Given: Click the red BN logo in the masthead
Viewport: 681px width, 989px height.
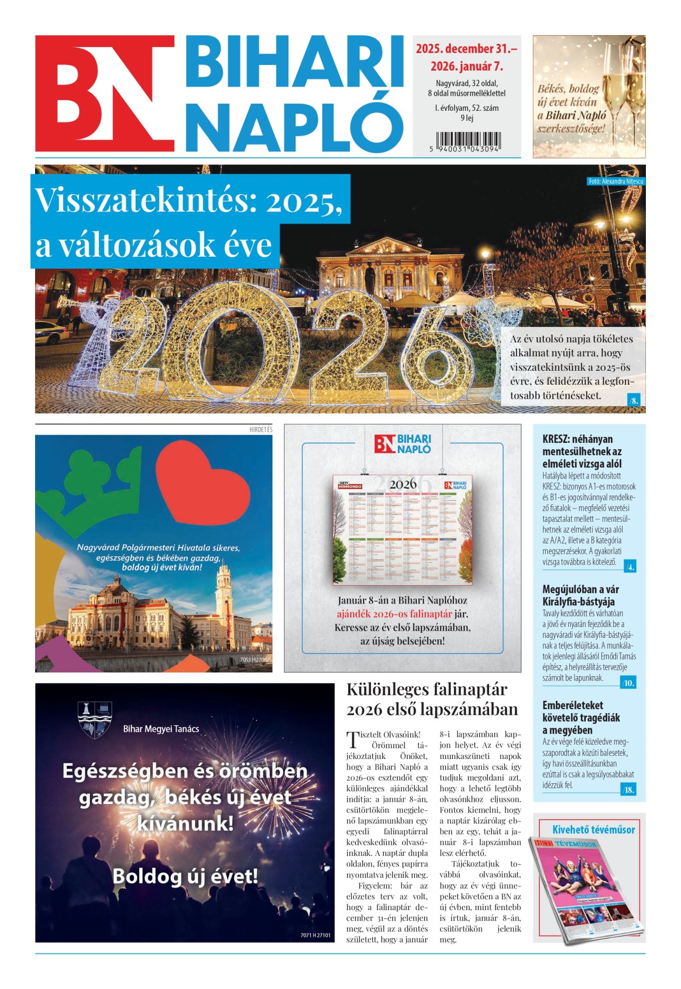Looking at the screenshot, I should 105,93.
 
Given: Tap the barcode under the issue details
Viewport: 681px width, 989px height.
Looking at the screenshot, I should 467,140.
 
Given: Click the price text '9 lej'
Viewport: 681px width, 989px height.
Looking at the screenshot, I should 466,118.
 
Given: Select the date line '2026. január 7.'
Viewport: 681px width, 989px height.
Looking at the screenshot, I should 466,67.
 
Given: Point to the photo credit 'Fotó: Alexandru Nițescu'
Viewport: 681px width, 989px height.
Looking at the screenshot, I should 615,182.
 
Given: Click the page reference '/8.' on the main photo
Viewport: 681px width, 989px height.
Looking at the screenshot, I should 634,400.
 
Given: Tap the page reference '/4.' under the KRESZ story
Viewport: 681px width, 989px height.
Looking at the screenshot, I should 629,567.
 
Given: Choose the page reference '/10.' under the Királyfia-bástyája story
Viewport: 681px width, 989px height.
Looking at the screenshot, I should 628,683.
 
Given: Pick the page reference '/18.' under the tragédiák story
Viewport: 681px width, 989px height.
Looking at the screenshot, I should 628,789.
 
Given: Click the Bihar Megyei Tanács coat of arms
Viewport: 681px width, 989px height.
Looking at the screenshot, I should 95,719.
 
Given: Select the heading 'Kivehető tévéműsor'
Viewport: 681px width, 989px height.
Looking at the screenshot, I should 593,830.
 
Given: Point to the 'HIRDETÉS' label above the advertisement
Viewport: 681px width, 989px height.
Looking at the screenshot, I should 261,430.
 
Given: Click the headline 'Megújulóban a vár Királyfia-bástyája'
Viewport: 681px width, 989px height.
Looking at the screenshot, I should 580,595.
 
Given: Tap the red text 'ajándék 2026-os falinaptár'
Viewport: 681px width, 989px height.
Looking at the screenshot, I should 395,614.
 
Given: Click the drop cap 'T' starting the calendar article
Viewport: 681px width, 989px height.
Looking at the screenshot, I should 352,739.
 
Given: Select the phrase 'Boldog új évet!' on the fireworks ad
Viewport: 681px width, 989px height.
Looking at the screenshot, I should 185,876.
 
